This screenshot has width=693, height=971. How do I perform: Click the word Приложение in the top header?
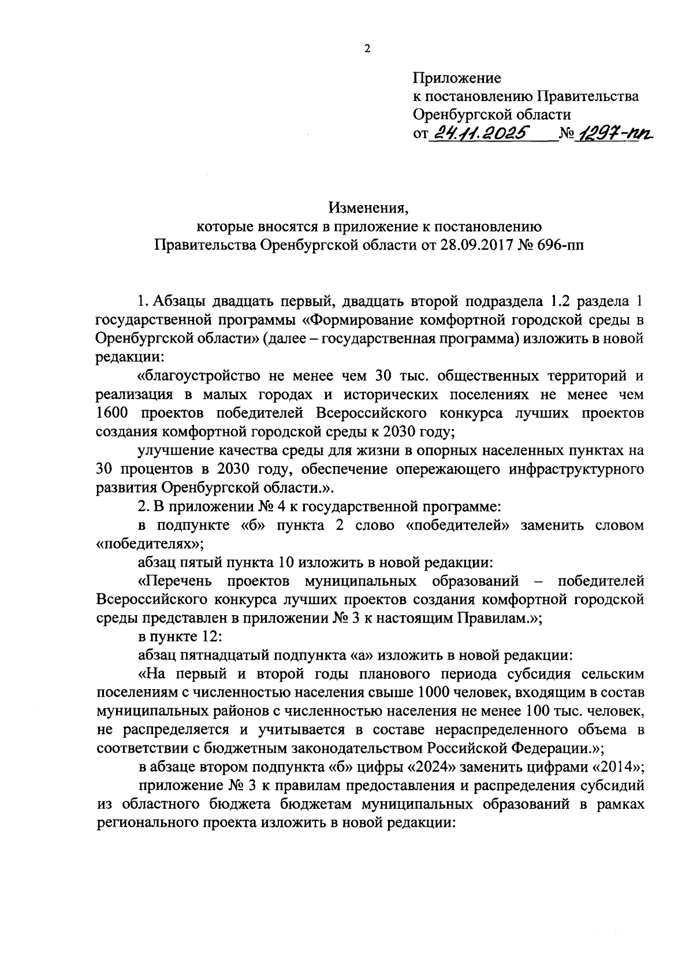tap(457, 77)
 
